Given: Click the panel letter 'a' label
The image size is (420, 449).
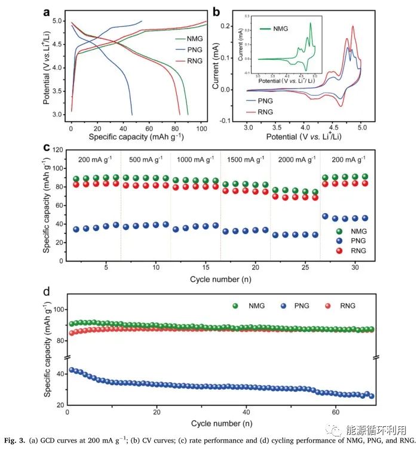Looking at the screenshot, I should tap(47, 11).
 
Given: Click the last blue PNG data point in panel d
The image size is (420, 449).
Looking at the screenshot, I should tap(371, 396).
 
